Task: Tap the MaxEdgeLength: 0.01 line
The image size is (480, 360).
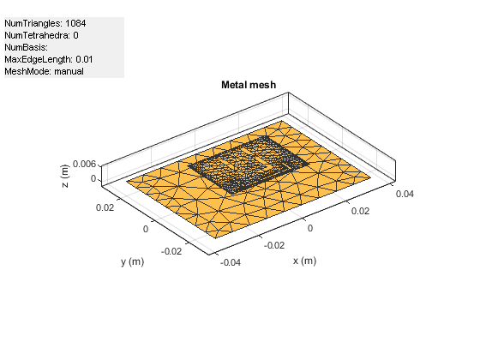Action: click(x=49, y=60)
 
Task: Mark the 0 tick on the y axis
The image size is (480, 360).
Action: click(x=146, y=229)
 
